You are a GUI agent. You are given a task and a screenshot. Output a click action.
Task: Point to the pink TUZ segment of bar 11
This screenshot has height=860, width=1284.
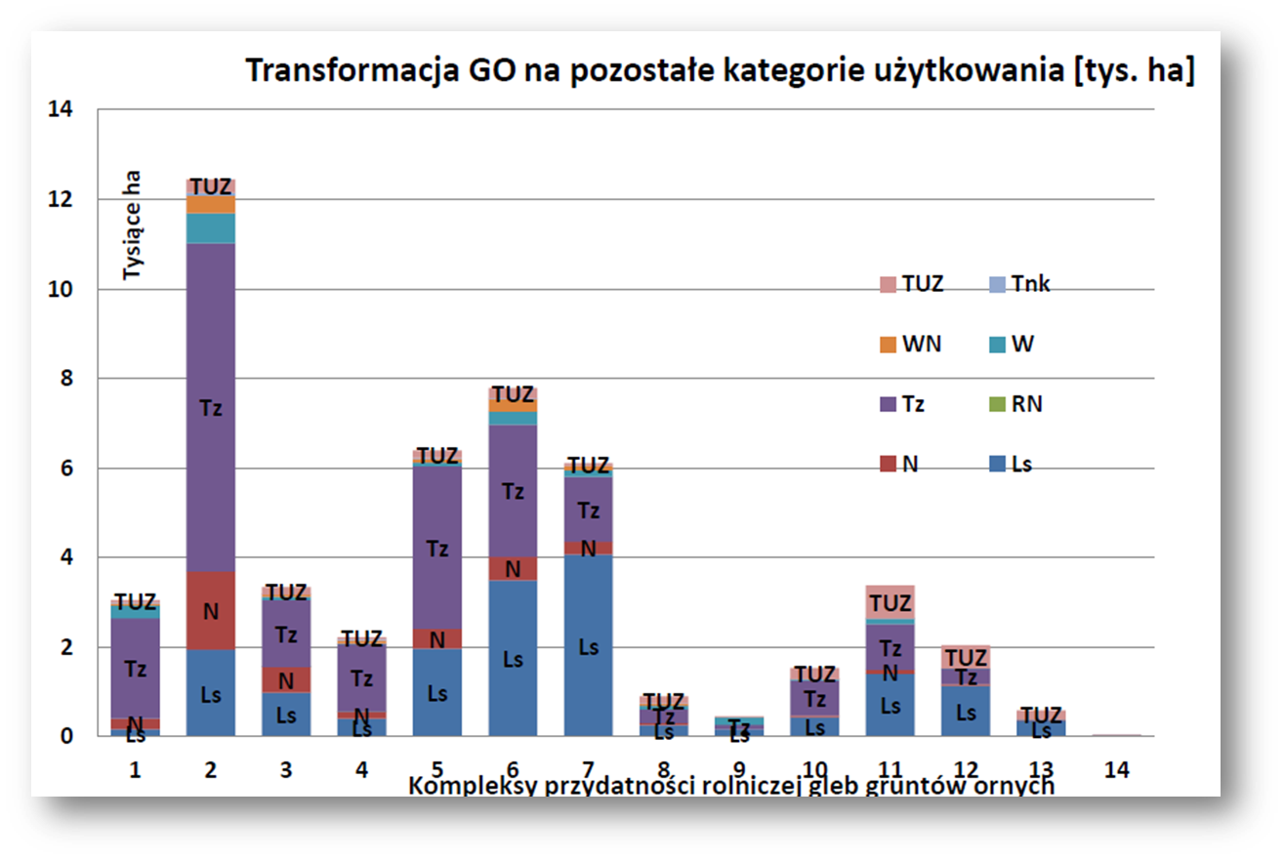tap(890, 602)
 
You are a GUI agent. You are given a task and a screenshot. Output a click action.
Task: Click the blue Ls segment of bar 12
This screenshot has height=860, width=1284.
tap(966, 712)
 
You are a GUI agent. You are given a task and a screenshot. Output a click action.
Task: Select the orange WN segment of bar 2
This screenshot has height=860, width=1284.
tap(210, 205)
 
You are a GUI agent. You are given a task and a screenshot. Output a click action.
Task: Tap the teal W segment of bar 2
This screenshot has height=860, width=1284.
tap(210, 228)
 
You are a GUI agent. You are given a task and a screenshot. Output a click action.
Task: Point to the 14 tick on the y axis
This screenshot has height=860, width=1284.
tap(61, 109)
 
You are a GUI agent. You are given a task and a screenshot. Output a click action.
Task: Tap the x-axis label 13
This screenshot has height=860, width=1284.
tap(1041, 769)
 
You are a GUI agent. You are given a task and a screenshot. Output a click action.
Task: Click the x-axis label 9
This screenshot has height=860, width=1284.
tap(739, 769)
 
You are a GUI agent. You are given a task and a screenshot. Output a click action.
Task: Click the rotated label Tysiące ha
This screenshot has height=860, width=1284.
tap(133, 226)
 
